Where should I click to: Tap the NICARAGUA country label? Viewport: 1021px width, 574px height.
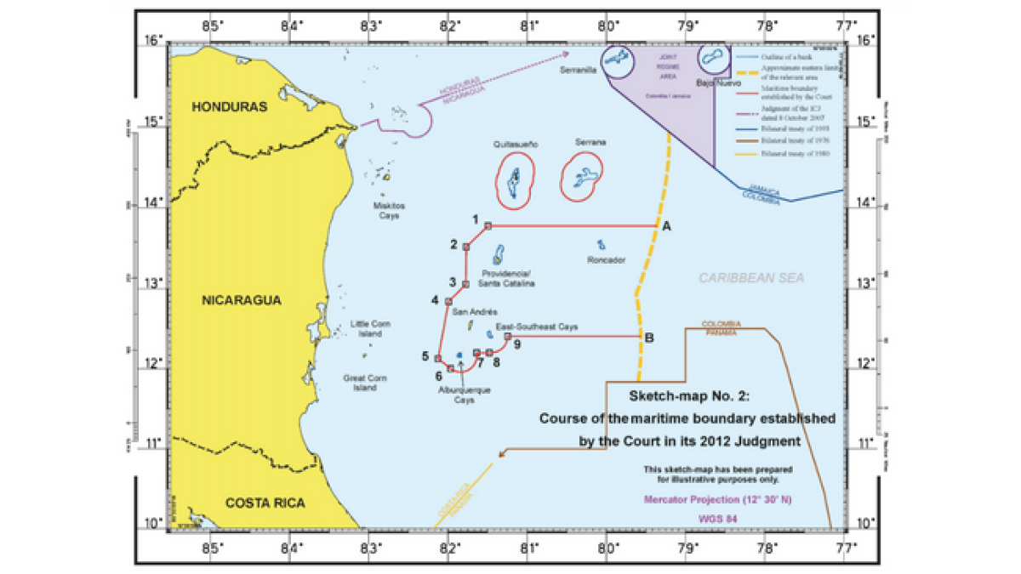point(241,300)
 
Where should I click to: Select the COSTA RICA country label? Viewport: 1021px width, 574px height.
point(265,503)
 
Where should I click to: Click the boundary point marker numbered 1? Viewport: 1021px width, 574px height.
point(488,225)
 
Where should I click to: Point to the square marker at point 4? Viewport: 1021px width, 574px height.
point(448,301)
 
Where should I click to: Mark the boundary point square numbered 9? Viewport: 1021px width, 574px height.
point(508,336)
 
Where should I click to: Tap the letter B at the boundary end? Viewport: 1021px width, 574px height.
point(649,338)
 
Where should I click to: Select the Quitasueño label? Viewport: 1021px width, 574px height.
point(516,145)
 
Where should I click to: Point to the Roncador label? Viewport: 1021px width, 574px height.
point(606,260)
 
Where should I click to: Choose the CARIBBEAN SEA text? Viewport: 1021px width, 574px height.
point(751,278)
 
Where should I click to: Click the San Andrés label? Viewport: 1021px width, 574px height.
point(469,312)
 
